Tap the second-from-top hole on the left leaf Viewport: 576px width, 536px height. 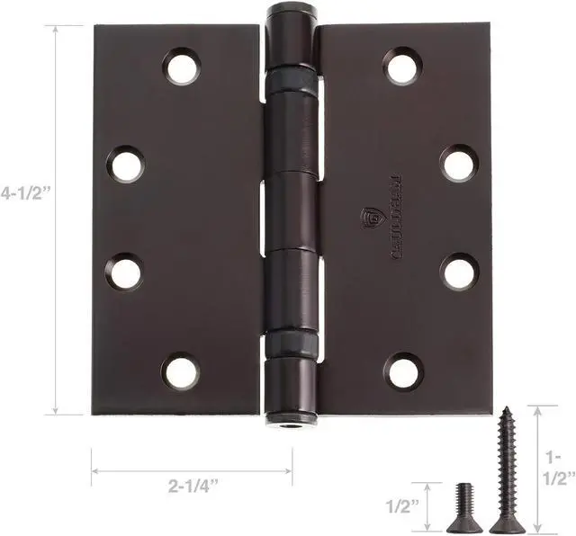[126, 165]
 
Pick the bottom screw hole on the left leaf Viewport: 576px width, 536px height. [181, 371]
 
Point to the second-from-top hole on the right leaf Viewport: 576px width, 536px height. [458, 164]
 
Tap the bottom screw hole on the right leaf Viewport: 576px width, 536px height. [403, 371]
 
